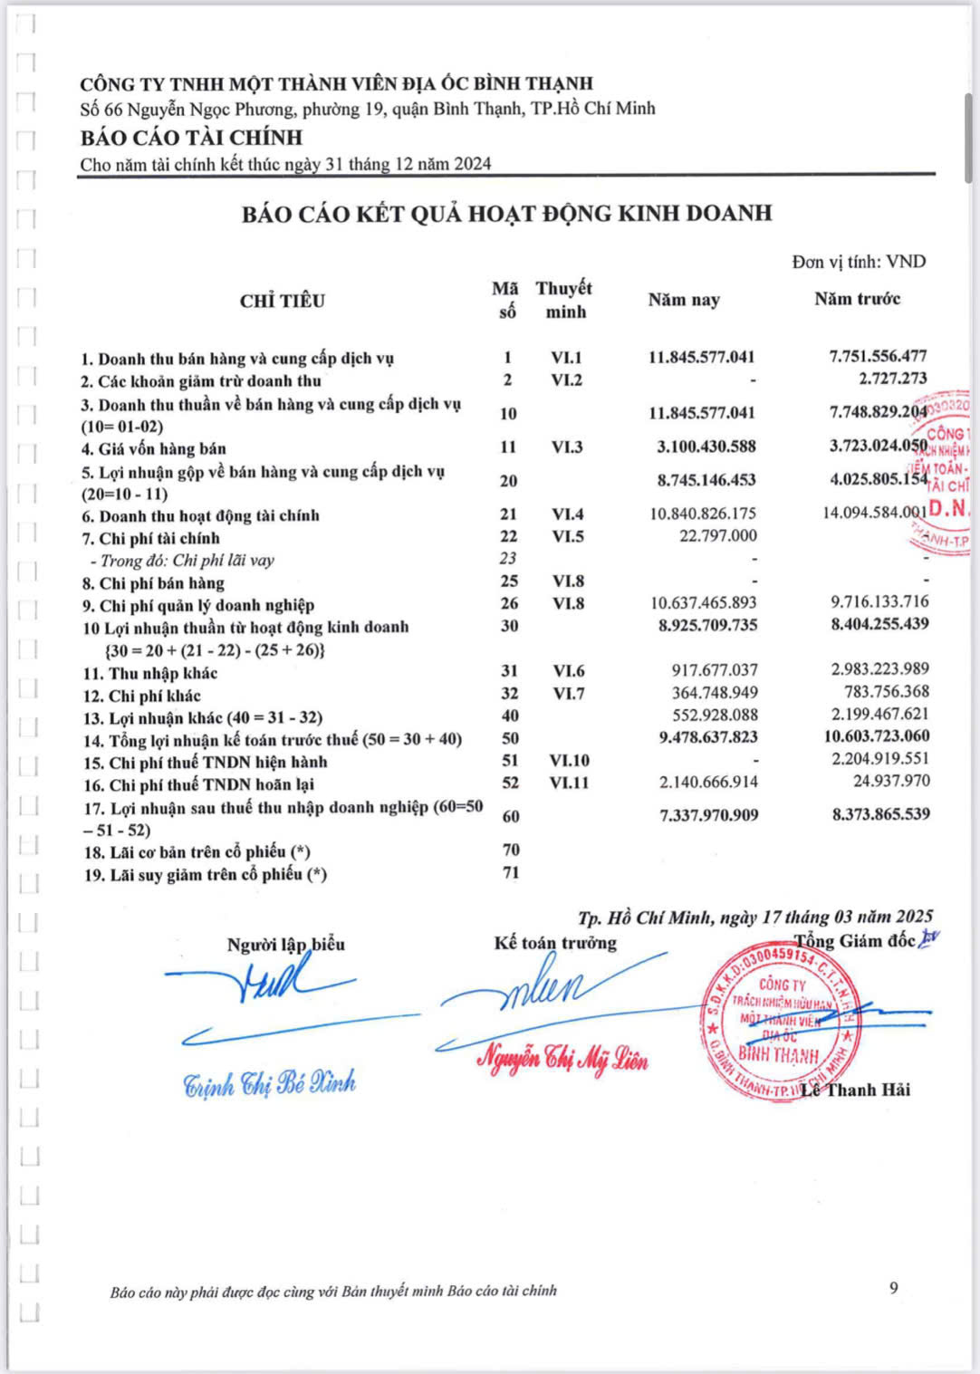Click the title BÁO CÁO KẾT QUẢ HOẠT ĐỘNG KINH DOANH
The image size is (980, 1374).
point(506,214)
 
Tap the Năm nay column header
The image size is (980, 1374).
point(684,300)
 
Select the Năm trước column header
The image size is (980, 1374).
point(857,299)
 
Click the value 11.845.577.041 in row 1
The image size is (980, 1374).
point(701,357)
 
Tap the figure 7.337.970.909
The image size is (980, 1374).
point(708,815)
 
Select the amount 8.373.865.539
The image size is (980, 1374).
point(880,814)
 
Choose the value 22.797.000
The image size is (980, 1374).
point(717,536)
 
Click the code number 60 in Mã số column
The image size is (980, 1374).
point(510,816)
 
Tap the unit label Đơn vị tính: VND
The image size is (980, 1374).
point(859,262)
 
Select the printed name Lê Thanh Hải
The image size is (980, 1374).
point(856,1090)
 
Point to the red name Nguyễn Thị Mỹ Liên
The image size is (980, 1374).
point(562,1058)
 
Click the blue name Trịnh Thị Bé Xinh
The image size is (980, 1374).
point(269,1083)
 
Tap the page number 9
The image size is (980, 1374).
point(894,1288)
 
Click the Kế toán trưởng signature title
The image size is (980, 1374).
point(555,943)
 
